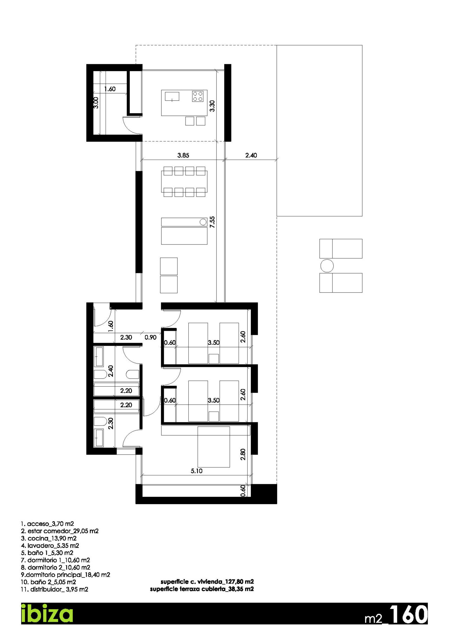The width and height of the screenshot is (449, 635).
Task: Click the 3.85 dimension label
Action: click(x=183, y=155)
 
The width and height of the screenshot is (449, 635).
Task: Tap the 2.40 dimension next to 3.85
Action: click(x=251, y=155)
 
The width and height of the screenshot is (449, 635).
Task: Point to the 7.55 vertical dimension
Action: click(x=212, y=222)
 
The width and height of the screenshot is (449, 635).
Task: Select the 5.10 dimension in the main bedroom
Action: click(x=196, y=471)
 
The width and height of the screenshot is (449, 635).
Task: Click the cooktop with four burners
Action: click(x=198, y=96)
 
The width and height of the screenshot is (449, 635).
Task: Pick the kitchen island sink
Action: click(x=172, y=96)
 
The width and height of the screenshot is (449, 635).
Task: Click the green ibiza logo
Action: click(x=47, y=613)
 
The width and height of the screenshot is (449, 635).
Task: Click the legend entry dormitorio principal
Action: click(x=65, y=575)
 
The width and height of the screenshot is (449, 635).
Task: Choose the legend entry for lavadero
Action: click(x=50, y=546)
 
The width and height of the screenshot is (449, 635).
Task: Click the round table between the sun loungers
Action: click(x=327, y=266)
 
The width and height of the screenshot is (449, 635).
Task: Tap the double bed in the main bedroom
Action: click(x=213, y=447)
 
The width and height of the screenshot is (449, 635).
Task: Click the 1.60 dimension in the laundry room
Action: click(x=110, y=89)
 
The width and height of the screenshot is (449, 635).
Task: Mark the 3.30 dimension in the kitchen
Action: click(x=212, y=106)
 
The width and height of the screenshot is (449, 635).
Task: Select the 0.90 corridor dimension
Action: click(x=150, y=337)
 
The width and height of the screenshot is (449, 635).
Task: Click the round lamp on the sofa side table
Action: click(x=203, y=222)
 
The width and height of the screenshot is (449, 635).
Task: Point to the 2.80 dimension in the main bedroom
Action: click(x=243, y=454)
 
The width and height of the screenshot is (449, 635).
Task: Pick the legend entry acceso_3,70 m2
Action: click(x=47, y=524)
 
